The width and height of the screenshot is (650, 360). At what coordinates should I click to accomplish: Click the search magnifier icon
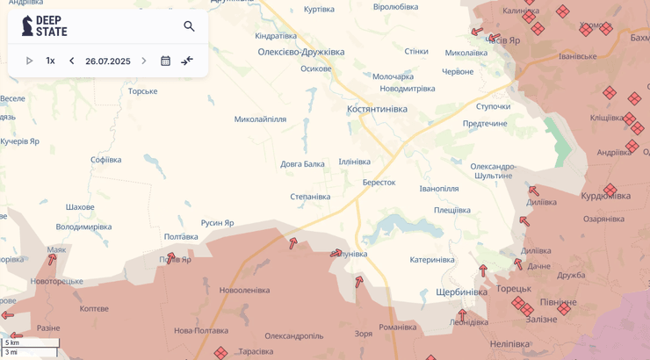tap(189, 26)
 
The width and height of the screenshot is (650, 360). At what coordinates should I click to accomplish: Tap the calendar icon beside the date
tap(165, 61)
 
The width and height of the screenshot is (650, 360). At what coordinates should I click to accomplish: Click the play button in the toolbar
tap(29, 61)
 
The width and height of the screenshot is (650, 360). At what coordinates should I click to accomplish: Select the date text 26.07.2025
tap(107, 61)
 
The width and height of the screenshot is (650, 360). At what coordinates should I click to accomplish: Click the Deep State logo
tap(44, 26)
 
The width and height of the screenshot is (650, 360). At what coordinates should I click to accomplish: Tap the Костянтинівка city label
tap(377, 109)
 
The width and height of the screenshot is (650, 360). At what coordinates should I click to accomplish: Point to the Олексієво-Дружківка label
tap(300, 52)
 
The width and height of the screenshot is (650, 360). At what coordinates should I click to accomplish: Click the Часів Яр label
tap(503, 40)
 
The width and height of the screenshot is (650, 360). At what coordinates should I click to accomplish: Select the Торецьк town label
tap(514, 288)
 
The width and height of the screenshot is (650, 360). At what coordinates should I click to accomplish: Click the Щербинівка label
tap(461, 292)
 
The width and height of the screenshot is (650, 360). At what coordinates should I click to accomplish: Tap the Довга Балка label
tap(302, 164)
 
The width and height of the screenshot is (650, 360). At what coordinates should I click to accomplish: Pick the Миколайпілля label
tap(260, 119)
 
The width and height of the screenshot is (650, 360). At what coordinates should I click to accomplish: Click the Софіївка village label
tap(106, 160)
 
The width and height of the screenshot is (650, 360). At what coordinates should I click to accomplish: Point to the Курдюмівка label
tap(605, 196)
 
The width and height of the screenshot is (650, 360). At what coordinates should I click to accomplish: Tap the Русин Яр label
tap(217, 223)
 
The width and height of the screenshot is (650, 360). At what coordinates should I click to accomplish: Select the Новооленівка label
tap(244, 290)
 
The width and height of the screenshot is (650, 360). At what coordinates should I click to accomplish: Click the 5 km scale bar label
tap(12, 342)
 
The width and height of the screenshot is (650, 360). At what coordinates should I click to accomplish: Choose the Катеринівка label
tap(431, 259)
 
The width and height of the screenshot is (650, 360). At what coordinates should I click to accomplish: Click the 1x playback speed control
tap(50, 61)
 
